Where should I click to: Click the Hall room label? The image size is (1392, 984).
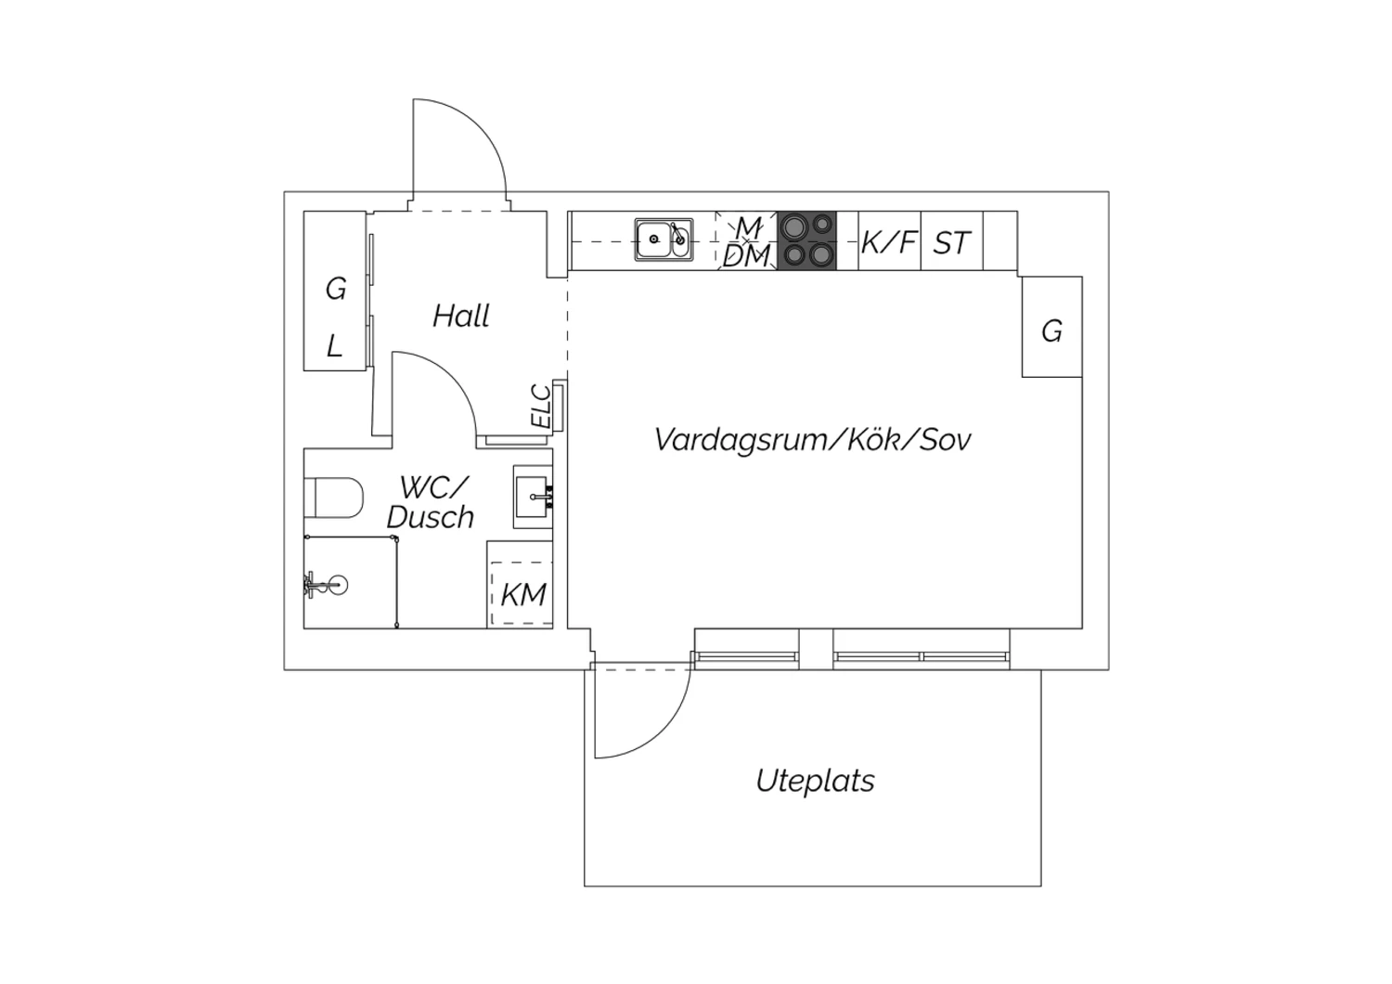click(x=460, y=317)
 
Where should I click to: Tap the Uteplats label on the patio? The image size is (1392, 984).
click(x=815, y=781)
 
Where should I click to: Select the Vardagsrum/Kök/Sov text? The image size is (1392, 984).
click(x=812, y=439)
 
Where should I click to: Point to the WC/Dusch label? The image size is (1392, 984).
click(x=431, y=502)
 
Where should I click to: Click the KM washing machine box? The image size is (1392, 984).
click(x=522, y=594)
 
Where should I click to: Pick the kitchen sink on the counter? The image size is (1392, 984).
click(x=664, y=240)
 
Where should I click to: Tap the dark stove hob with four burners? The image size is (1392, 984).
click(x=806, y=240)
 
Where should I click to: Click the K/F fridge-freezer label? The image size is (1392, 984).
click(x=889, y=242)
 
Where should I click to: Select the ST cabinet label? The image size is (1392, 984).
click(x=951, y=243)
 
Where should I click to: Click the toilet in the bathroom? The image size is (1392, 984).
click(x=333, y=498)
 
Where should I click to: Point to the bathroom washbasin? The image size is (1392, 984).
click(x=534, y=497)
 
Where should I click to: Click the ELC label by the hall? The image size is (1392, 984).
click(x=541, y=406)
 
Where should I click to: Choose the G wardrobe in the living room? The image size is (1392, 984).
click(x=1051, y=330)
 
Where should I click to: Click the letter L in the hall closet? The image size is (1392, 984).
click(x=334, y=346)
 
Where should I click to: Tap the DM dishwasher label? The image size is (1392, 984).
click(x=747, y=256)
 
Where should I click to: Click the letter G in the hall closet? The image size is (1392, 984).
click(x=335, y=289)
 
